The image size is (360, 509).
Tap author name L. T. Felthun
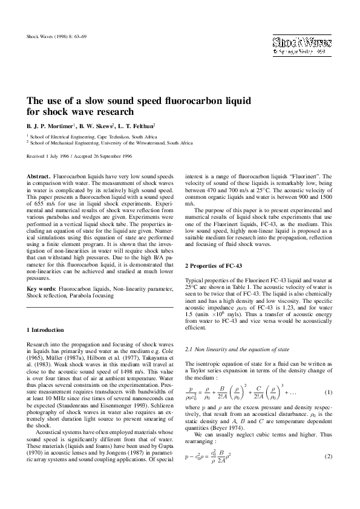point(137,126)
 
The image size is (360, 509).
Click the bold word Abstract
point(38,175)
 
